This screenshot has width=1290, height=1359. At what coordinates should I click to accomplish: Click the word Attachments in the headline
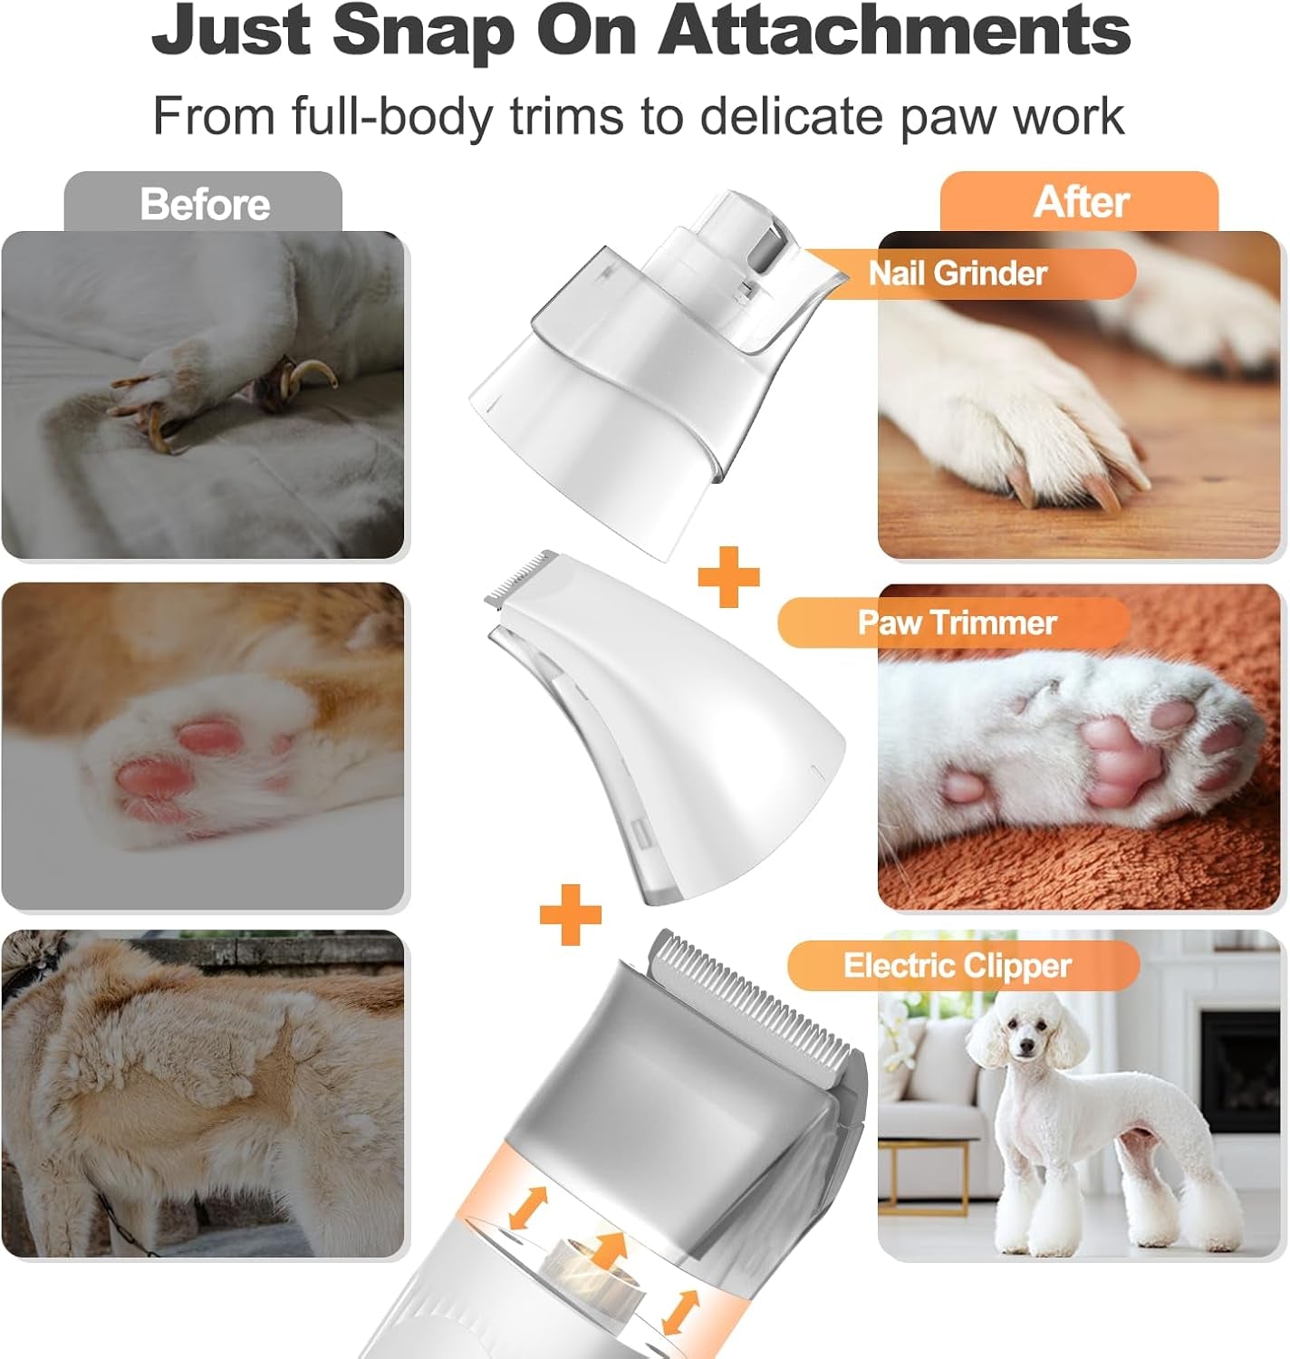(x=894, y=32)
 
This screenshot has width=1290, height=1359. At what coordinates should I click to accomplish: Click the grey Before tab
(x=204, y=204)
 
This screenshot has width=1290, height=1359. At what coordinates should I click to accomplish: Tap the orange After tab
(x=1080, y=202)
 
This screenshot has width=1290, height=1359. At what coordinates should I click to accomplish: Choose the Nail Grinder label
(x=958, y=273)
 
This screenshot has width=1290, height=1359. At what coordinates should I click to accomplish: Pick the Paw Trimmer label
(x=957, y=622)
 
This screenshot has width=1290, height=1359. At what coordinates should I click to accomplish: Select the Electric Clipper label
(x=957, y=965)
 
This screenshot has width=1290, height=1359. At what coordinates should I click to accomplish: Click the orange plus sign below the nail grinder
(x=728, y=576)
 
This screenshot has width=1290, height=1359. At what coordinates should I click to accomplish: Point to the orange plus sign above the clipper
(x=571, y=913)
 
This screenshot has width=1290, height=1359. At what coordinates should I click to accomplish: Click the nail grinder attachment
(x=652, y=362)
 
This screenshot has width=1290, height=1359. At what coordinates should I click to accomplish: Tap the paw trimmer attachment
(x=670, y=725)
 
